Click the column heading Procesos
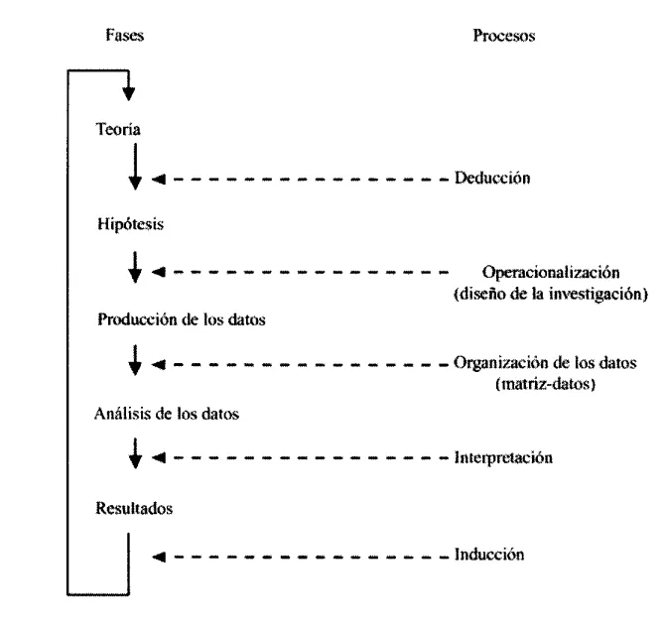click(505, 37)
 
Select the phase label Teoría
click(117, 130)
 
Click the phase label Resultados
click(135, 509)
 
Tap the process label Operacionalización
click(551, 273)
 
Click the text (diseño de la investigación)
click(550, 294)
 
